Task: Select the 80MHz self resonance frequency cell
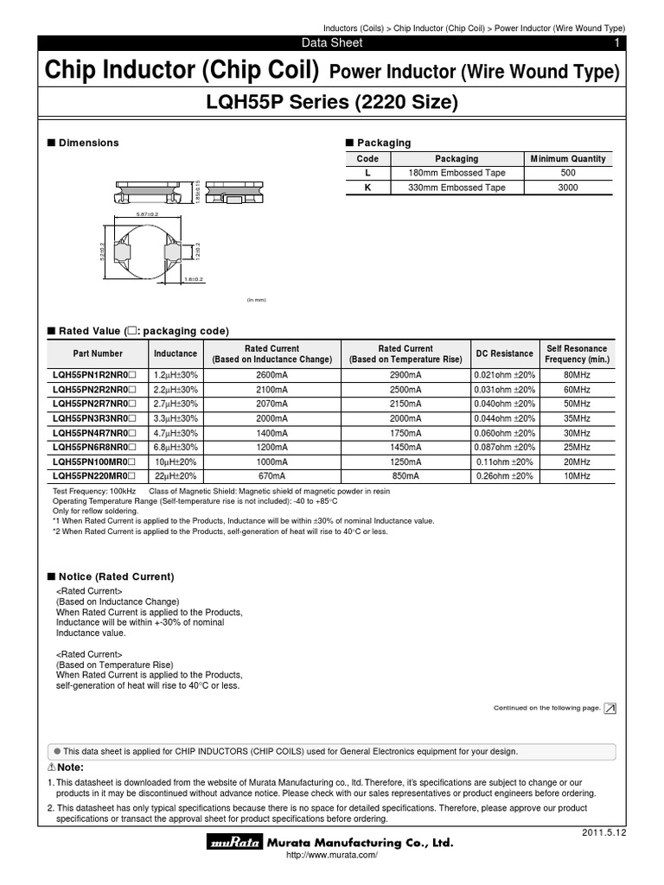(x=577, y=376)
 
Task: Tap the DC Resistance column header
(x=504, y=353)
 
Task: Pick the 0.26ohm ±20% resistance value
(x=504, y=475)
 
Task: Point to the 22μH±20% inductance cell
(x=176, y=475)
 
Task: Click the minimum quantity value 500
(x=568, y=173)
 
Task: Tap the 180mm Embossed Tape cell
(x=456, y=173)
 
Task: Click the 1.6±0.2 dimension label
(x=193, y=279)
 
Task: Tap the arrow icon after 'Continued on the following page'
(x=610, y=708)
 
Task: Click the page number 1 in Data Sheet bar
(x=616, y=43)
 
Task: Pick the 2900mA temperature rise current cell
(x=405, y=376)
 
